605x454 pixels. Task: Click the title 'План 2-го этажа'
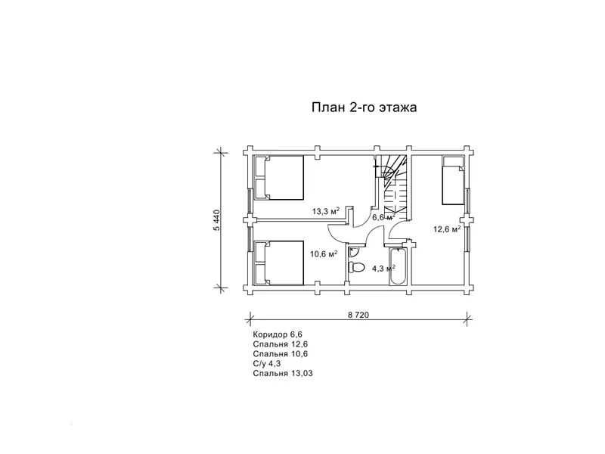click(x=365, y=107)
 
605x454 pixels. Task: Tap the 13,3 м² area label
click(x=326, y=211)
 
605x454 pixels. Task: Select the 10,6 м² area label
click(x=324, y=253)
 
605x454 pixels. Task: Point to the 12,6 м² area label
click(x=447, y=229)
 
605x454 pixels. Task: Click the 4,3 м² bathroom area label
click(x=383, y=269)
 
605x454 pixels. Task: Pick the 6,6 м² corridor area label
click(x=383, y=217)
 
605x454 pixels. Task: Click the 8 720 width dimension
click(x=358, y=315)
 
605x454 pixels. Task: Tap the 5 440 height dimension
click(x=217, y=220)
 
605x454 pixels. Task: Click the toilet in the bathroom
click(x=356, y=267)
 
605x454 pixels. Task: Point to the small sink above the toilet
click(x=353, y=253)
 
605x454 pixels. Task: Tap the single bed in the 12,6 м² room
click(x=453, y=180)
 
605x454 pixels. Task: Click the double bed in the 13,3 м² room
click(x=278, y=178)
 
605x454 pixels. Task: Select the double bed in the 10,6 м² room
click(x=278, y=263)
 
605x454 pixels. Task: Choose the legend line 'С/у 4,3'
click(x=267, y=364)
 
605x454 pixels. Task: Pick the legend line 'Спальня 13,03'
click(x=283, y=373)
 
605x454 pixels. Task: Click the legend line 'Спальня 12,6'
click(x=281, y=344)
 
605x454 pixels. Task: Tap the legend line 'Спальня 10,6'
click(x=281, y=353)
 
